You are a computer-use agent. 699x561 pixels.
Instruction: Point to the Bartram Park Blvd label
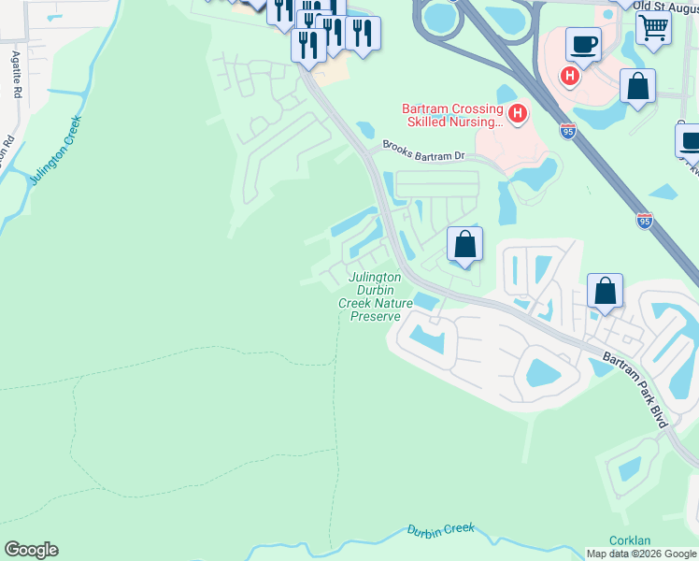pyautogui.click(x=635, y=390)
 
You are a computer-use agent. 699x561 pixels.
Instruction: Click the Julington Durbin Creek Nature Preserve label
pyautogui.click(x=375, y=296)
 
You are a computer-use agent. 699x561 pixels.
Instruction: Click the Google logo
pyautogui.click(x=31, y=550)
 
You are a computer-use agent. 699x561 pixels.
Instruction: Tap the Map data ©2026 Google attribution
pyautogui.click(x=641, y=554)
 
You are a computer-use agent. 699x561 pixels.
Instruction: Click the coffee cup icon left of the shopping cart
pyautogui.click(x=583, y=43)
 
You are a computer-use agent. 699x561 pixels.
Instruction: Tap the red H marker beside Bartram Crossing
pyautogui.click(x=518, y=115)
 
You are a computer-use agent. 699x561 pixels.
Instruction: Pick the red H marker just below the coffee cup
pyautogui.click(x=568, y=76)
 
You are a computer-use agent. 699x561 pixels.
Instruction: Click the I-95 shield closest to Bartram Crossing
pyautogui.click(x=568, y=131)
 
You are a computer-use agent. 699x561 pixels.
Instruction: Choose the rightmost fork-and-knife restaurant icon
pyautogui.click(x=362, y=33)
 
